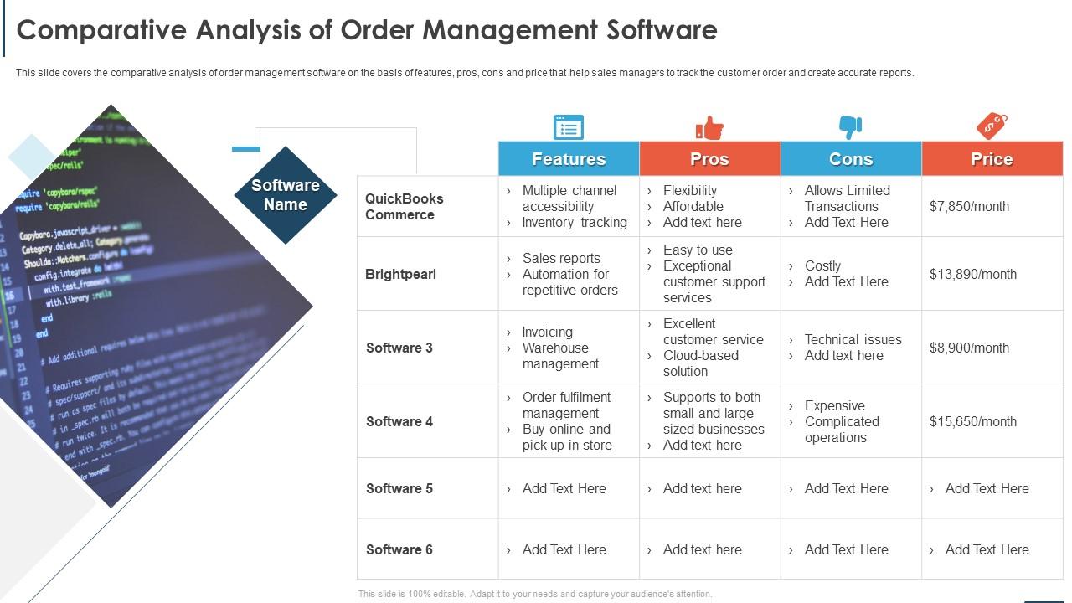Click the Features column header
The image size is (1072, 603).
tap(569, 159)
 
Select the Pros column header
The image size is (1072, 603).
tap(709, 159)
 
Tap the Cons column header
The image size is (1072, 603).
tap(851, 159)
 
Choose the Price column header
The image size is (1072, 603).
tap(992, 159)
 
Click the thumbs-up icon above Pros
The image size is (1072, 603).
tap(709, 128)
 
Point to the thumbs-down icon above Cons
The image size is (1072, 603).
tap(850, 127)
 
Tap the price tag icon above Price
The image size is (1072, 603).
tap(992, 126)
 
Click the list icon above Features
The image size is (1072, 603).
tap(569, 127)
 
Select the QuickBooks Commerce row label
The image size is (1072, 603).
tap(405, 207)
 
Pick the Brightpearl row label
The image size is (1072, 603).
tap(400, 274)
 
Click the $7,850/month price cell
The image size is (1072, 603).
tap(969, 206)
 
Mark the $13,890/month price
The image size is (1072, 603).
tap(972, 274)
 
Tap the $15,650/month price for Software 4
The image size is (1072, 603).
tap(972, 421)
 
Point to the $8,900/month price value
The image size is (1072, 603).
tap(969, 348)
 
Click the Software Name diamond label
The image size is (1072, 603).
tap(286, 195)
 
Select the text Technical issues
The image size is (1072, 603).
tap(853, 339)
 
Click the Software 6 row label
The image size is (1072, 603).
tap(399, 549)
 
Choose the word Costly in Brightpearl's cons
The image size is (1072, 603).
tap(822, 265)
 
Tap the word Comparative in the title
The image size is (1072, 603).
tap(100, 30)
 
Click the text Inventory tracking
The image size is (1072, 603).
tap(575, 222)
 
